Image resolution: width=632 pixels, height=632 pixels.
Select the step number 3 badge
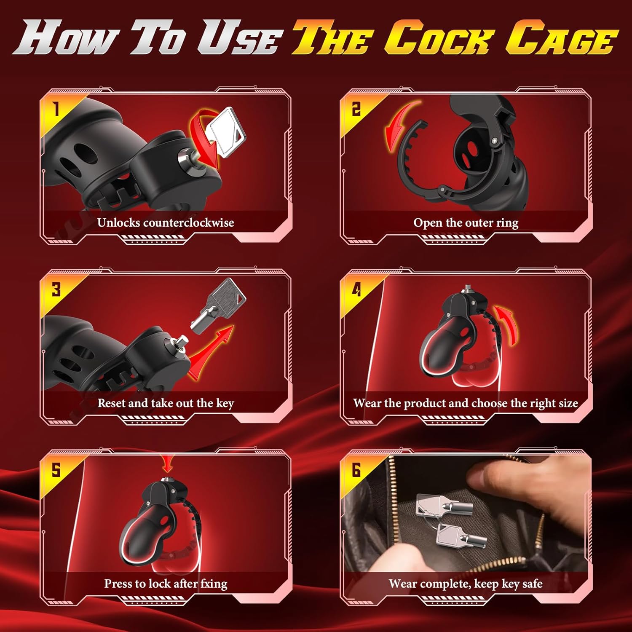56,289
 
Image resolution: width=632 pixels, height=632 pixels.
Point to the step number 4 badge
356,289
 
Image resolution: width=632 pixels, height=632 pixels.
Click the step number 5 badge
56,470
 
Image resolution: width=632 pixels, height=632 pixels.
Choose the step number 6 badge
356,470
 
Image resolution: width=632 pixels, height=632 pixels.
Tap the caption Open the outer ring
466,223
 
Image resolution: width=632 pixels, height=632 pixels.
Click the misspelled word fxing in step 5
214,584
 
